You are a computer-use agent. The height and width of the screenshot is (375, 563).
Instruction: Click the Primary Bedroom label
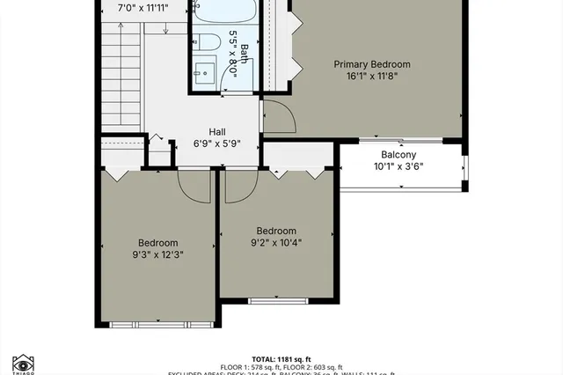[371, 64]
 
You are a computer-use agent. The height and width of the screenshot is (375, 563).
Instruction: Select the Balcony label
[398, 154]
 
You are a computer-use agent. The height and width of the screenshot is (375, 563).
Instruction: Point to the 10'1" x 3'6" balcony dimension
[398, 166]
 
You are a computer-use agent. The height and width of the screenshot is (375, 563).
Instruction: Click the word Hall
[217, 131]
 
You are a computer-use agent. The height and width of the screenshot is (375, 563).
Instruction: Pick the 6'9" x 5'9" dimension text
[217, 143]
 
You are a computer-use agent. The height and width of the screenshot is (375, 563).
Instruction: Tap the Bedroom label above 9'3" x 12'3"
[158, 244]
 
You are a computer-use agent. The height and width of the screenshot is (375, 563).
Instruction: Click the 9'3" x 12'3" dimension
[158, 256]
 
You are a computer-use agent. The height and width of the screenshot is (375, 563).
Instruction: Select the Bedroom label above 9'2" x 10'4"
[276, 231]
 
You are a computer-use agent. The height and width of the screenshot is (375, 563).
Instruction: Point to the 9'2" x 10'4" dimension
[276, 243]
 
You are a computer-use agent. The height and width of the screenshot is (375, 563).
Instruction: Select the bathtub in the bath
[224, 12]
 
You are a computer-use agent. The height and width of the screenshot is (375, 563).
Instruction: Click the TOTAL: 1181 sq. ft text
[282, 359]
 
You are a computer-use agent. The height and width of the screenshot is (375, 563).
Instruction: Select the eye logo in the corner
[23, 364]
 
